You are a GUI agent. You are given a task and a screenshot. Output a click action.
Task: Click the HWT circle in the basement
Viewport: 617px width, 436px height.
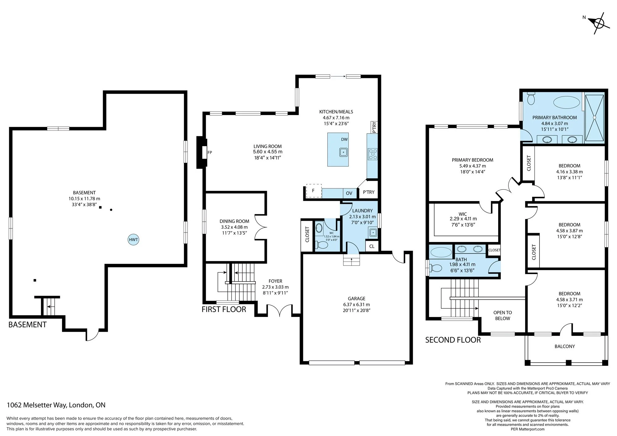[133, 240]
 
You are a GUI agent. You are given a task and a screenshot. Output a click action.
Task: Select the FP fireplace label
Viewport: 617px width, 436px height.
[210, 152]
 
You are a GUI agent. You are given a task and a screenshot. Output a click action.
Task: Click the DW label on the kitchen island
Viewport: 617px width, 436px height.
[344, 139]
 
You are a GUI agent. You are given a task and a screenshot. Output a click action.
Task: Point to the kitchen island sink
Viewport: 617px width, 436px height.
[344, 152]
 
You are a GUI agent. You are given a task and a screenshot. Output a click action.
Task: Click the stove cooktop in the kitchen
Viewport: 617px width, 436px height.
[373, 154]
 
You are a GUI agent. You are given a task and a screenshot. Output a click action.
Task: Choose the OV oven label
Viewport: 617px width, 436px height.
[349, 193]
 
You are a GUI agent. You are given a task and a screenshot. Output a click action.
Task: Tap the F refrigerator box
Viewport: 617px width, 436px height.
[314, 191]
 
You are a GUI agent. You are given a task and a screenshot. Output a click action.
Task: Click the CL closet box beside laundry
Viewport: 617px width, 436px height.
[372, 246]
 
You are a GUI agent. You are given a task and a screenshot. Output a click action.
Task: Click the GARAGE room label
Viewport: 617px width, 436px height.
[357, 298]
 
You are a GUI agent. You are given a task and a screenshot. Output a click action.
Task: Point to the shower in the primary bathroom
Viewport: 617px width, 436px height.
[594, 118]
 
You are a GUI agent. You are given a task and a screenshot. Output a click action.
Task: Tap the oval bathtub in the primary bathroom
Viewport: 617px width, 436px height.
[566, 102]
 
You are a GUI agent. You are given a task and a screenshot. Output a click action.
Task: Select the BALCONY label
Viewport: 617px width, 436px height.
[565, 346]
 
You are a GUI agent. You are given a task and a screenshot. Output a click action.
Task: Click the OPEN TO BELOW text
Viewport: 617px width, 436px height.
[503, 315]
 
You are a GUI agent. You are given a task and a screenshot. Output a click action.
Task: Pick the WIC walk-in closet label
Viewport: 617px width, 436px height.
[463, 214]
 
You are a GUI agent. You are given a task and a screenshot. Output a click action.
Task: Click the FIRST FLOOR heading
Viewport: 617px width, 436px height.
[224, 309]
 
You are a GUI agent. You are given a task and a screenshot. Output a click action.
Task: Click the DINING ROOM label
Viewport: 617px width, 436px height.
[234, 221]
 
